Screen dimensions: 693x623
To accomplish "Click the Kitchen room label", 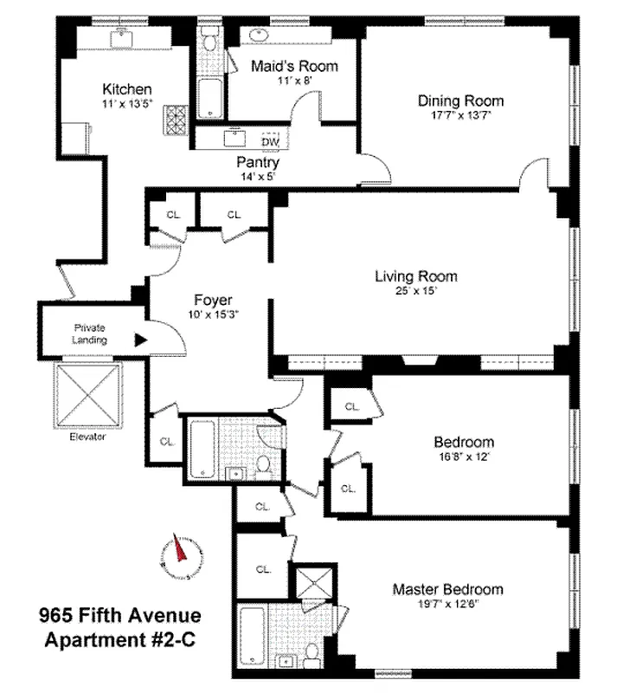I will click(127, 89).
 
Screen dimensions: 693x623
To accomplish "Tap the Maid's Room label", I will click(294, 67).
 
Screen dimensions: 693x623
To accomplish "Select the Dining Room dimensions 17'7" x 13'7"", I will click(460, 115).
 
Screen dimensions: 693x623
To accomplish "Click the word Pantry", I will click(258, 162).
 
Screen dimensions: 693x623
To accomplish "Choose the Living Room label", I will click(415, 276).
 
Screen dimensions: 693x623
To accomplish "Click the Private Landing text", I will click(88, 334).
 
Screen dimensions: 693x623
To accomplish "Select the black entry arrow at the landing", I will click(139, 340).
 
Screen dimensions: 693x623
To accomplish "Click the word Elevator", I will click(88, 437).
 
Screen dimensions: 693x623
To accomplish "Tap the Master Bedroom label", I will click(447, 589).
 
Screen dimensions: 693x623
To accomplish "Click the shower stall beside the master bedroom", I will click(307, 583).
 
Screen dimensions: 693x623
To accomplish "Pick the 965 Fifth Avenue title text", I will click(120, 617).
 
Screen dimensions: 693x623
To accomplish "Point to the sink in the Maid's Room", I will click(258, 35).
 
